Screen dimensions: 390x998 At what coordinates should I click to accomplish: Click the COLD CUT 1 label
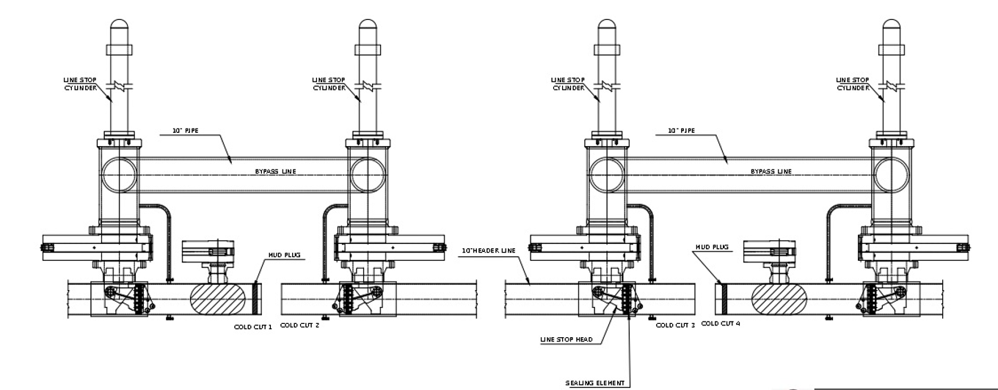point(252,326)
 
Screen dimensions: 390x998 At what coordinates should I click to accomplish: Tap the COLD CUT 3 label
point(674,324)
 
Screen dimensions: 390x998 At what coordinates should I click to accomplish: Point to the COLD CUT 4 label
point(721,322)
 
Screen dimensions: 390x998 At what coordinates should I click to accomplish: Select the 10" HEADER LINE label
point(487,250)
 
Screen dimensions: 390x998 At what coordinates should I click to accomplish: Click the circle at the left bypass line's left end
point(119,175)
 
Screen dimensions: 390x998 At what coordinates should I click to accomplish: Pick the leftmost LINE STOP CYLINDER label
point(76,84)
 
